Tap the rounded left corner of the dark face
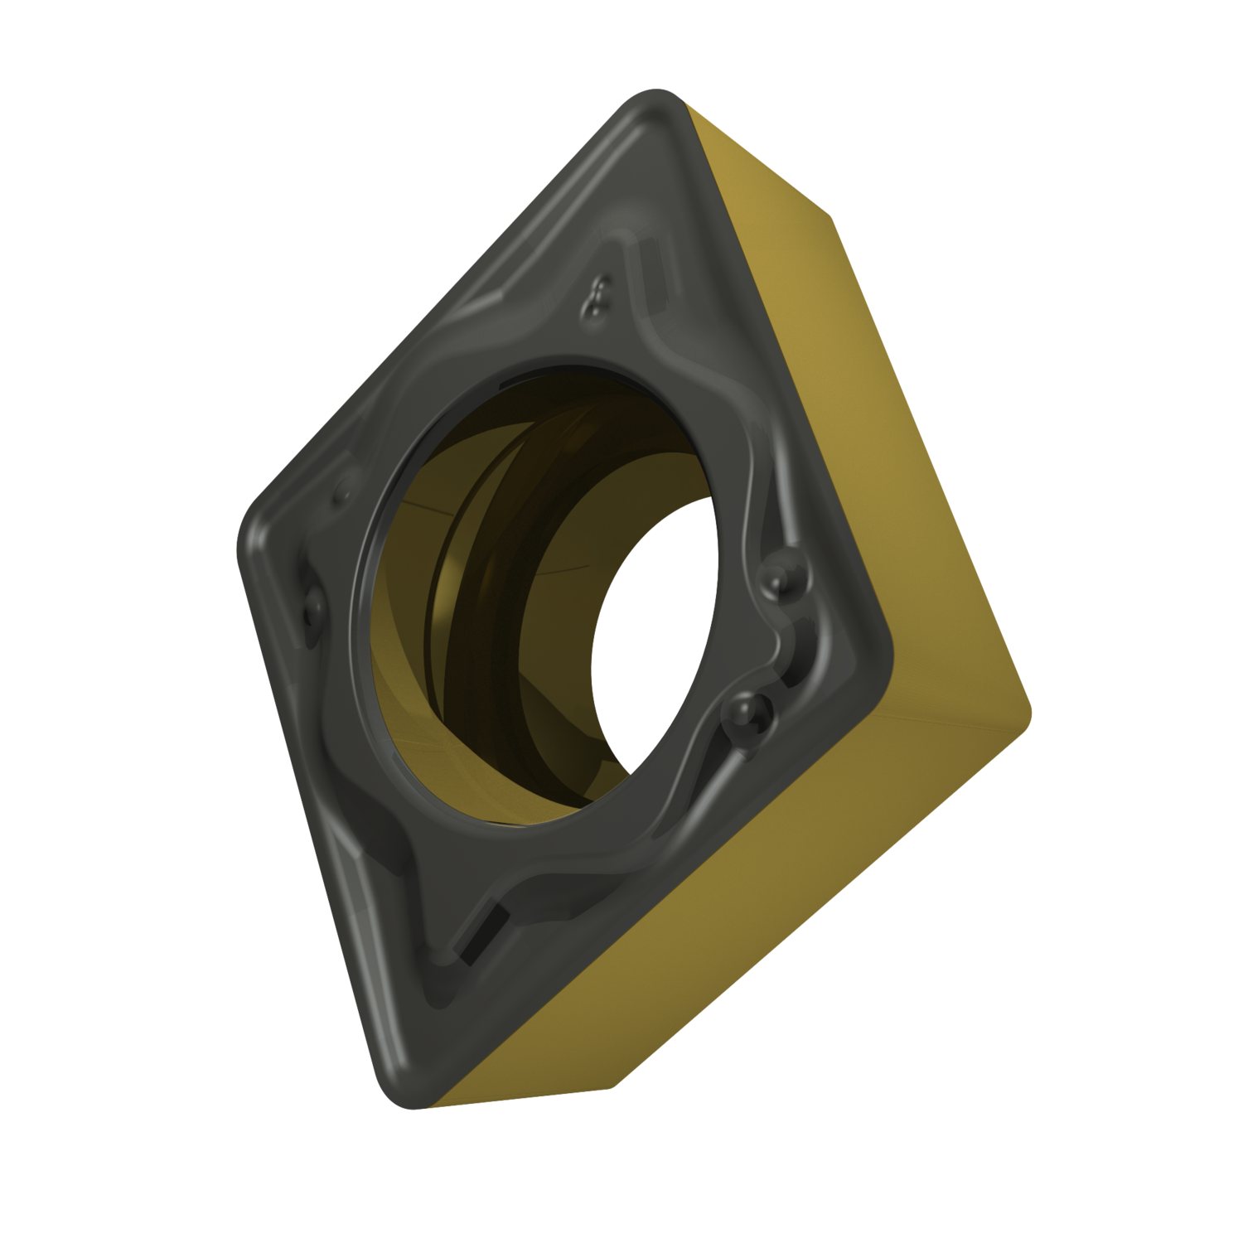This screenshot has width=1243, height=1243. [x=249, y=539]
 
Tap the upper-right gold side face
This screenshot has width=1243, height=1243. [x=796, y=315]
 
